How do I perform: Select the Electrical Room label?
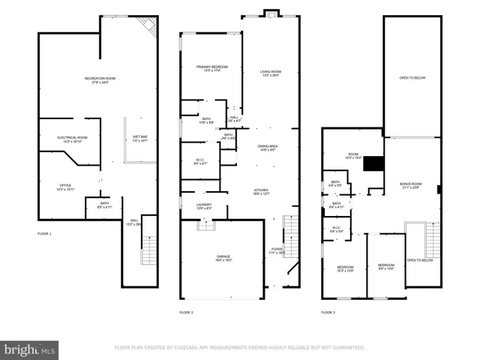tap(73, 139)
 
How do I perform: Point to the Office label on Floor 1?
tap(65, 187)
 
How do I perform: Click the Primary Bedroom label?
tap(211, 69)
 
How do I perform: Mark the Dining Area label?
tap(268, 147)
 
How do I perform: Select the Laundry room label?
tap(204, 205)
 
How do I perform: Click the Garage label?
tap(223, 258)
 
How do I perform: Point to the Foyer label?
tap(277, 250)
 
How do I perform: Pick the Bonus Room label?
tap(410, 185)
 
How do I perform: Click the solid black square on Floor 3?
tap(373, 164)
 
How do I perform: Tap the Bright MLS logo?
tap(29, 349)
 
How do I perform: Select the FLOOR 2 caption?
tap(186, 312)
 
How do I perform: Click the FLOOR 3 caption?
tap(328, 312)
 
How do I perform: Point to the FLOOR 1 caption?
tap(44, 234)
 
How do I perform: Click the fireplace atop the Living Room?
tap(270, 12)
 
